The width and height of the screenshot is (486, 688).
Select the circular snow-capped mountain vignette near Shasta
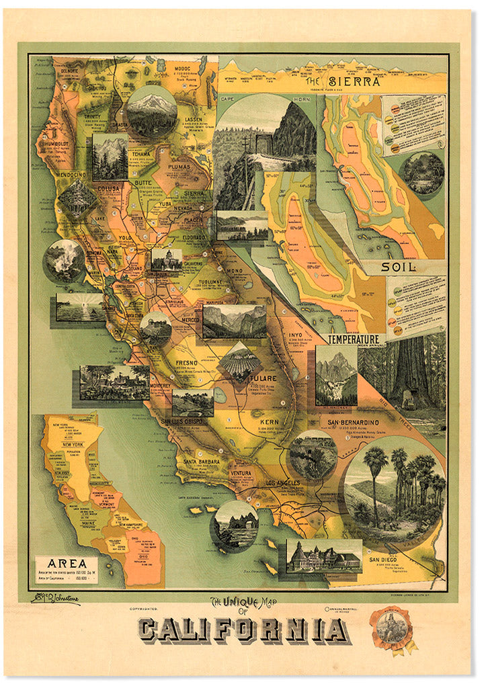click(x=151, y=112)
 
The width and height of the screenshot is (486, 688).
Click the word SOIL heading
click(x=399, y=267)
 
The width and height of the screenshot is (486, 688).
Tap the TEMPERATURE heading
click(x=355, y=340)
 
